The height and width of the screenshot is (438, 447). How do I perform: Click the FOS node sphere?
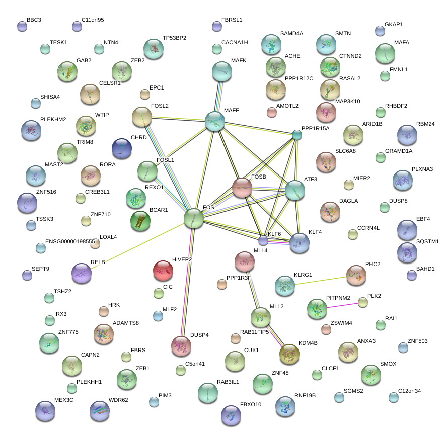coord(194,219)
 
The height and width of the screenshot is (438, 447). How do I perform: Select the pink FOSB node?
coord(242,188)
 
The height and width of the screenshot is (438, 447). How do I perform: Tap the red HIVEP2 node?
coord(163,271)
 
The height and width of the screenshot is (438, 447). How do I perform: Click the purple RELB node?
coord(82,273)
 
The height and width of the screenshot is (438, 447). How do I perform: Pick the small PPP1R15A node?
coord(297,135)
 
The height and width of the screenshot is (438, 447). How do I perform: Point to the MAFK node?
coord(222,72)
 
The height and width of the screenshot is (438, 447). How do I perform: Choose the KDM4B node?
coord(289,354)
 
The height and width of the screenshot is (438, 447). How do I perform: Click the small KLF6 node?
coord(263,240)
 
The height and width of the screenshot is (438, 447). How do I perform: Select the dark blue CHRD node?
coord(122,148)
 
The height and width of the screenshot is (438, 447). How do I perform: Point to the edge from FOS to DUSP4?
coord(187,282)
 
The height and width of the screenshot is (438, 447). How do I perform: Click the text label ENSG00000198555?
coord(70,242)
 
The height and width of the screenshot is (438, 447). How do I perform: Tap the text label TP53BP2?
coord(174,38)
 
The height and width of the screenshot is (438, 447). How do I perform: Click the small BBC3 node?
coord(21,26)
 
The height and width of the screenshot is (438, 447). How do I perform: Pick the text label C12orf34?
coord(409,391)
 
